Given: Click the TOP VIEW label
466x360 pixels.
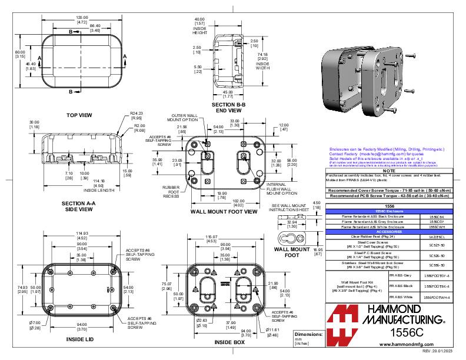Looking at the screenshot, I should (x=81, y=115).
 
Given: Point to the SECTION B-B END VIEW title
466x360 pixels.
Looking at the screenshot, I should (x=227, y=106).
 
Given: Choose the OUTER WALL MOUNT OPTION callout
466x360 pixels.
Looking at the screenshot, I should (x=170, y=118).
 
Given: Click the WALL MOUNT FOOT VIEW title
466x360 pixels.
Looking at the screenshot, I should (x=224, y=211).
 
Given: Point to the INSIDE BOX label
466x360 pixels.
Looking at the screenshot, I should (x=229, y=342).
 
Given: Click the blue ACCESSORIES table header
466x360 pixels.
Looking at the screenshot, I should (x=388, y=232).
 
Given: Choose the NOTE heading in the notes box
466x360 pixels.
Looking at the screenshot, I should (x=388, y=171).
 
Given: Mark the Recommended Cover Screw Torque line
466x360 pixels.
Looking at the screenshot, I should (x=388, y=191).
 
